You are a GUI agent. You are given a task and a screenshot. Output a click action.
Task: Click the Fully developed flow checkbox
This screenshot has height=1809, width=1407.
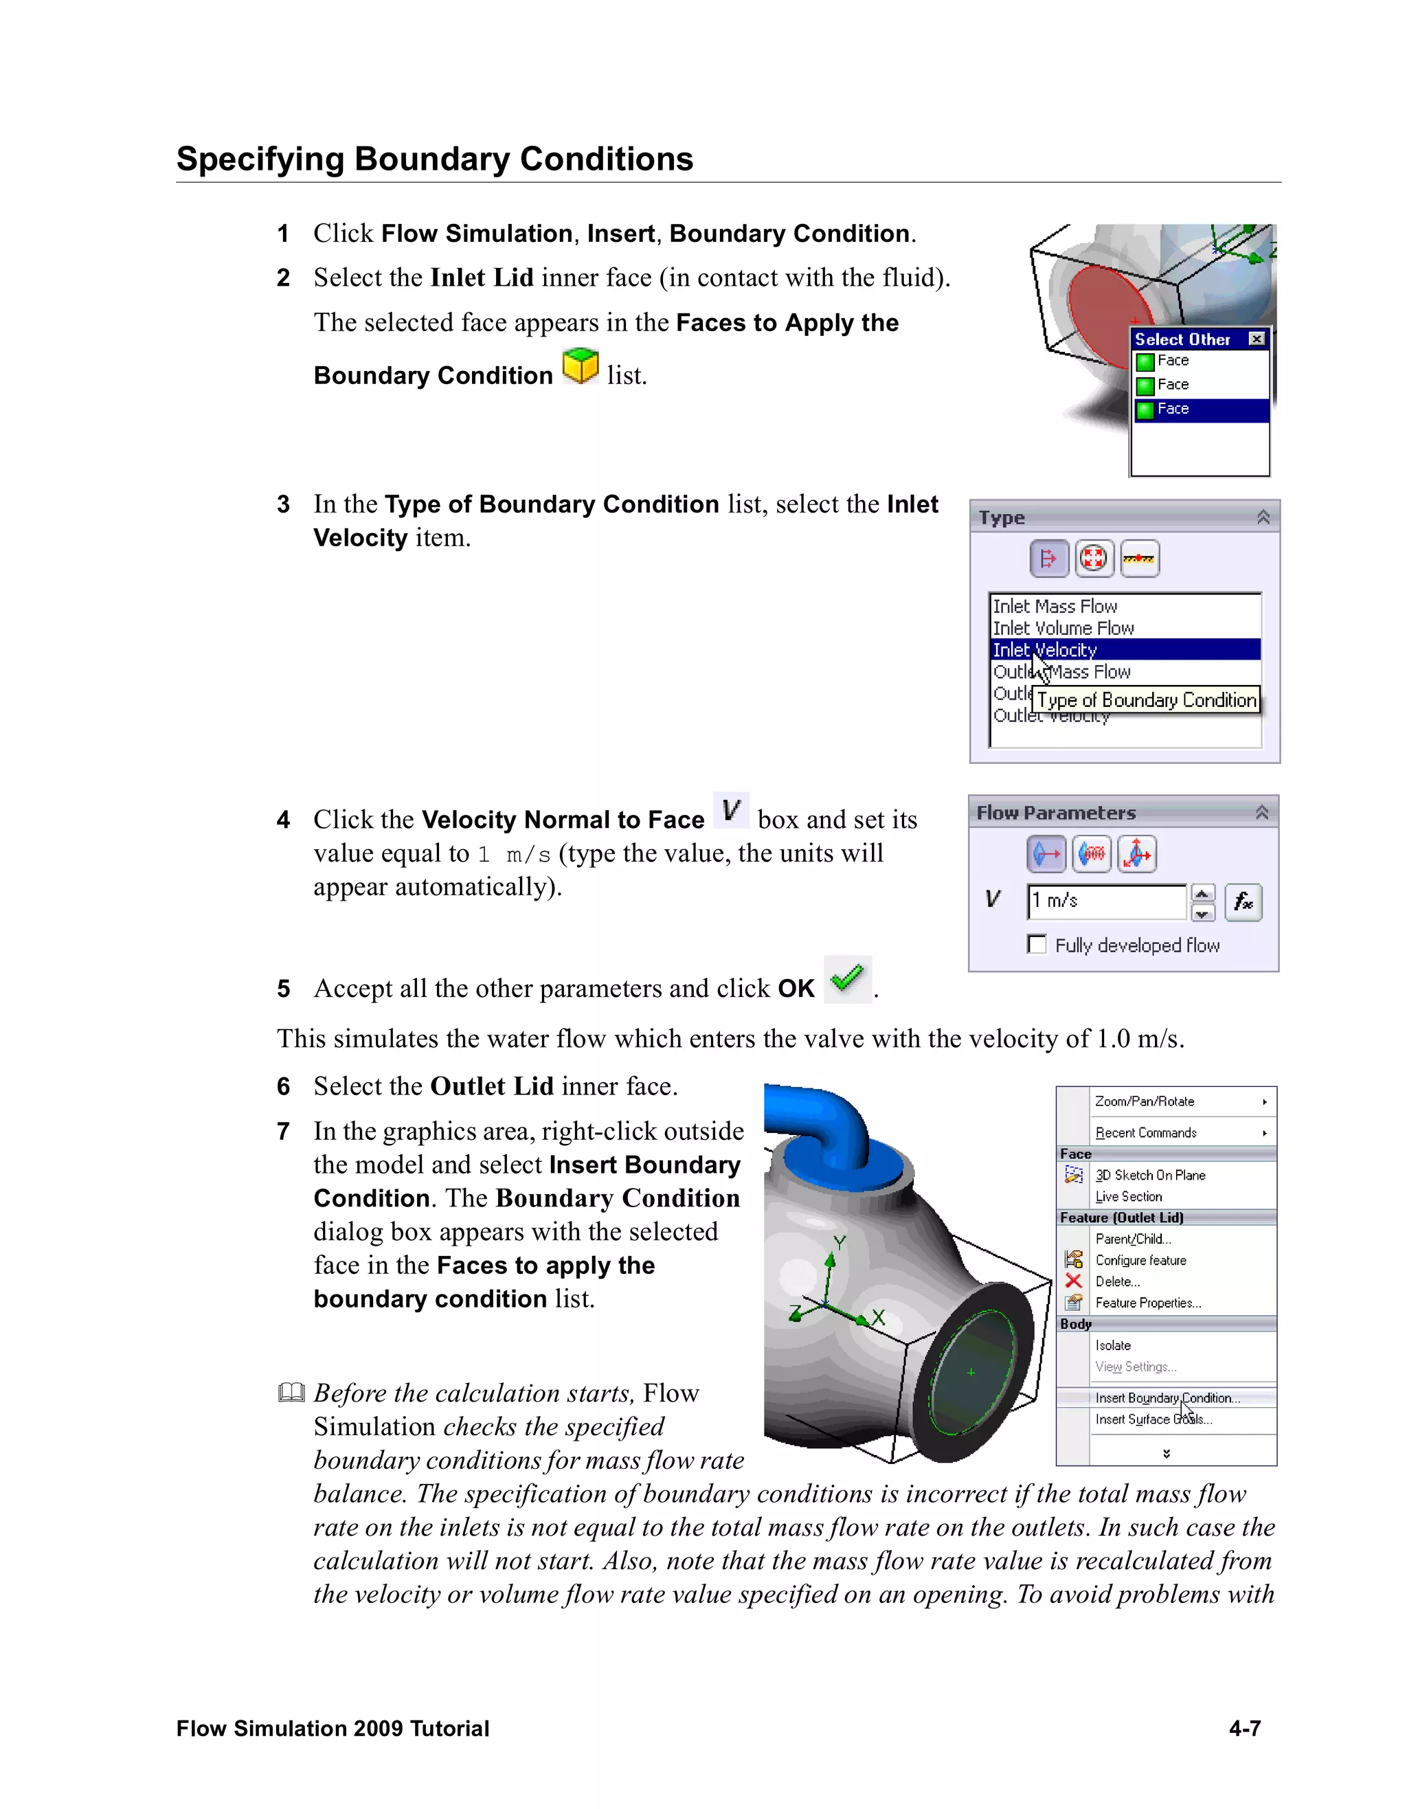[x=1037, y=944]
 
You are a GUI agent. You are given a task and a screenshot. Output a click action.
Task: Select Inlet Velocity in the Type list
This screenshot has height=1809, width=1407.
[x=1045, y=650]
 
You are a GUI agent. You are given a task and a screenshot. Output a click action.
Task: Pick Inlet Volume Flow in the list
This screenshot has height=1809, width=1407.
[x=1063, y=628]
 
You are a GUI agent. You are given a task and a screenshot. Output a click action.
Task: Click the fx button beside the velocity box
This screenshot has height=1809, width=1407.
[x=1243, y=902]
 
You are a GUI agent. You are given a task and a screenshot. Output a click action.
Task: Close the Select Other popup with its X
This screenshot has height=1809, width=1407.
[x=1257, y=339]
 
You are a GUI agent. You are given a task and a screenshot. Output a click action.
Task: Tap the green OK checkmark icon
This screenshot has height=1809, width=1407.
[x=847, y=979]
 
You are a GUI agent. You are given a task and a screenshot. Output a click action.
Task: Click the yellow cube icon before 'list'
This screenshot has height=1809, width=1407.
[x=581, y=366]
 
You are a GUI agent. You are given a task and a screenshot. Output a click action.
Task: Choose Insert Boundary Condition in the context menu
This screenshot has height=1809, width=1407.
[x=1167, y=1398]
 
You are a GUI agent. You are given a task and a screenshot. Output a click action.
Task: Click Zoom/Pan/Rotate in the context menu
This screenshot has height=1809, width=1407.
[x=1145, y=1101]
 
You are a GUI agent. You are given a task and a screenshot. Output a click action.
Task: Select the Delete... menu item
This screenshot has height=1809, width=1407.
[x=1117, y=1281]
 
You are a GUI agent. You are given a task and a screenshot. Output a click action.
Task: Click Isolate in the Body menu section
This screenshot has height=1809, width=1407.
[x=1113, y=1346]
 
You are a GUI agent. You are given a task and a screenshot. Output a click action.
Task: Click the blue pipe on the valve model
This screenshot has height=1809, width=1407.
[x=820, y=1127]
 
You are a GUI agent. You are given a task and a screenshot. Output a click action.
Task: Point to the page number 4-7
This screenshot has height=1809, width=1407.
[x=1245, y=1729]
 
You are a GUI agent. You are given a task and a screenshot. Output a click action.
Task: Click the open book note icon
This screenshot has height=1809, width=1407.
[x=291, y=1393]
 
